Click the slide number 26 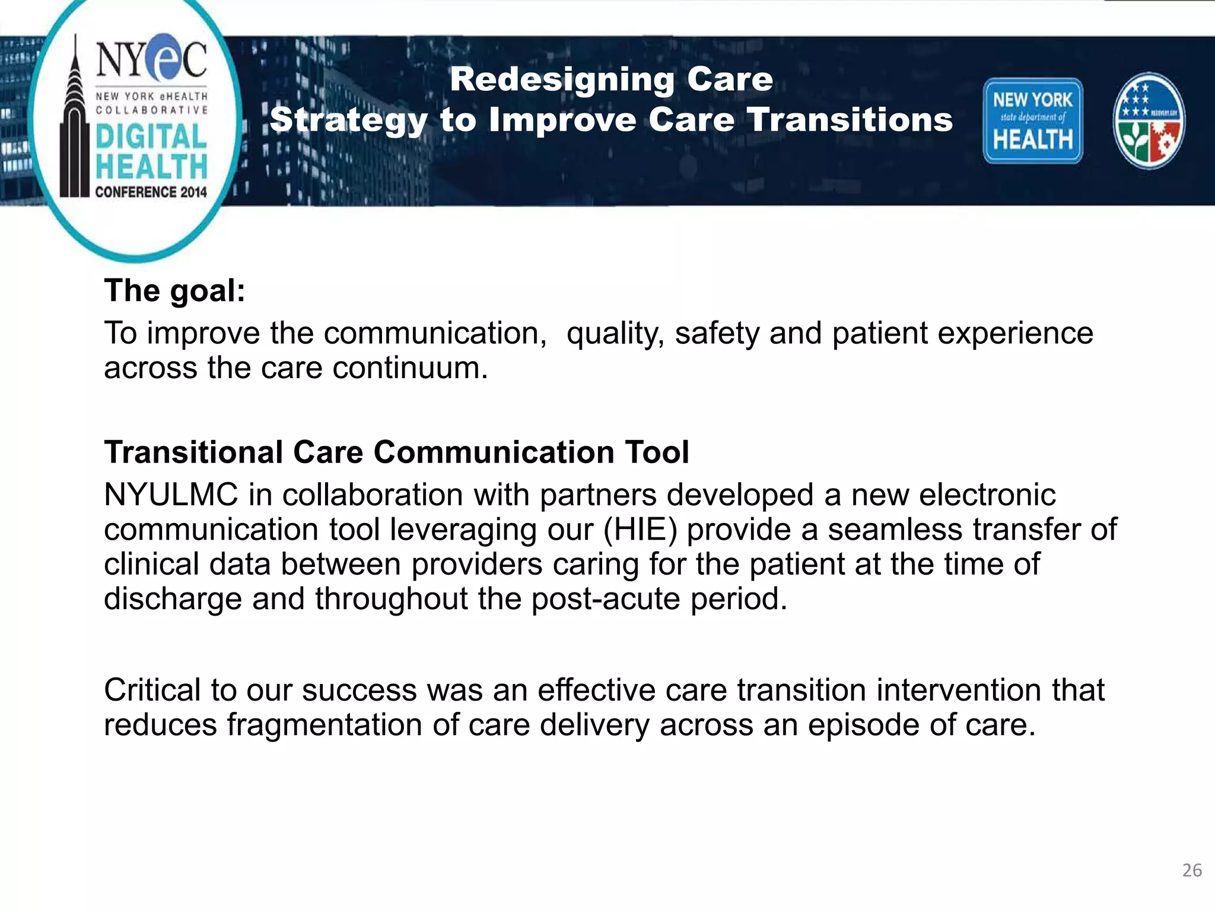[1192, 870]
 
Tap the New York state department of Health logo [1033, 121]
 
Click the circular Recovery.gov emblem [1149, 121]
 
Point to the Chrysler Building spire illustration [74, 119]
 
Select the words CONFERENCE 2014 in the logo [151, 192]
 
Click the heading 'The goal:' [174, 291]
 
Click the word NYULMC [171, 495]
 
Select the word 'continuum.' [410, 368]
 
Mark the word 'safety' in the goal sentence [717, 333]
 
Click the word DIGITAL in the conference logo [151, 137]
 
